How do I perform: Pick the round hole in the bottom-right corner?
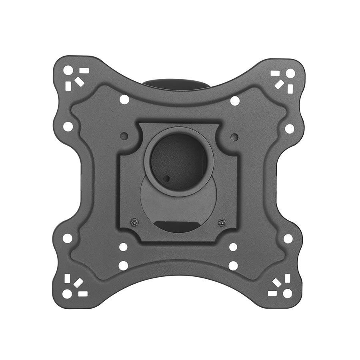[x=287, y=293]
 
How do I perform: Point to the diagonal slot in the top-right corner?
[x=279, y=82]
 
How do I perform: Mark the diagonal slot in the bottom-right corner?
[x=277, y=283]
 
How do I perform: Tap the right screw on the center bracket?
[x=221, y=222]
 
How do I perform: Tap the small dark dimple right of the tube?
[x=235, y=137]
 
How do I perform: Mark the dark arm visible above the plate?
[x=179, y=84]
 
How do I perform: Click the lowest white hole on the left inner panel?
[x=123, y=265]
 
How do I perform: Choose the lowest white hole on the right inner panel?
[x=233, y=265]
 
